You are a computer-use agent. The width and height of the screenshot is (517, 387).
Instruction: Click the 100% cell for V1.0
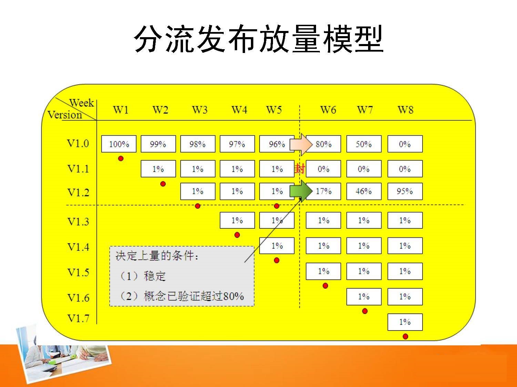coord(119,144)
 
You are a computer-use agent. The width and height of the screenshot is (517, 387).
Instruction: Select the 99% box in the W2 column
coord(158,144)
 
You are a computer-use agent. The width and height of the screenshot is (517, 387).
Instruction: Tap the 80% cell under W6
coord(323,144)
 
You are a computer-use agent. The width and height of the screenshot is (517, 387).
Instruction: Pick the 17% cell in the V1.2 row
coord(323,191)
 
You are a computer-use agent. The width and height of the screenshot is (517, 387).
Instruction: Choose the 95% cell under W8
coord(405,191)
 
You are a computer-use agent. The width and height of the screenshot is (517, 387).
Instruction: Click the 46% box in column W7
coord(364,191)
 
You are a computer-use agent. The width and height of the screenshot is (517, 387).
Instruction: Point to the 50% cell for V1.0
coord(364,144)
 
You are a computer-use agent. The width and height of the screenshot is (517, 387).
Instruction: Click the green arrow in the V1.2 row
coord(301,191)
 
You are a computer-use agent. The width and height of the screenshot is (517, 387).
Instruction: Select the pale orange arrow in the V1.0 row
coord(301,144)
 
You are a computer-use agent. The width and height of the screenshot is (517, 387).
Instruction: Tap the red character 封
coord(300,169)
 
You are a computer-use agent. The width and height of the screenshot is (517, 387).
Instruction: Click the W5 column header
coord(274,110)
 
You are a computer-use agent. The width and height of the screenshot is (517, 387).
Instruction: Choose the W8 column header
coord(406,110)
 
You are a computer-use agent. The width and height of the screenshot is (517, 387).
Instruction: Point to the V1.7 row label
coord(78,319)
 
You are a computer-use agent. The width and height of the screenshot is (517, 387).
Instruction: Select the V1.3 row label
coord(78,222)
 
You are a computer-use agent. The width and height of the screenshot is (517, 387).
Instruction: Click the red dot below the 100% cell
coord(121,159)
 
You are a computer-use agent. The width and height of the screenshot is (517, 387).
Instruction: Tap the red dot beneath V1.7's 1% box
coord(405,336)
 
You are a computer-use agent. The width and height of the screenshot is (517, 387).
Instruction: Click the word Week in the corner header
coord(81,103)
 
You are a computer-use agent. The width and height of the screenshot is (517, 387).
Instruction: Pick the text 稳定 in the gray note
coord(155,276)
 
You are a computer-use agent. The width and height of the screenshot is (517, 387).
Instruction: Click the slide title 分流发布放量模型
coord(259,39)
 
